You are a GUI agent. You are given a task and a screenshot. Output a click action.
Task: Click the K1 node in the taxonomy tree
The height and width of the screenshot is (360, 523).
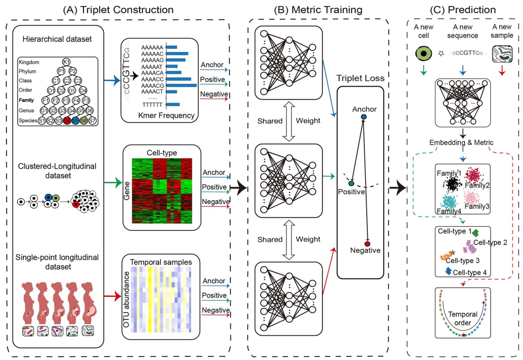pyautogui.click(x=66, y=62)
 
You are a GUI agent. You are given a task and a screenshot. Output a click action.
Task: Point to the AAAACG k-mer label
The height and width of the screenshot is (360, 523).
pyautogui.click(x=152, y=86)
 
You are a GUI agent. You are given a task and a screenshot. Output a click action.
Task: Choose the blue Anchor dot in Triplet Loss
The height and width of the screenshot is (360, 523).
pyautogui.click(x=364, y=117)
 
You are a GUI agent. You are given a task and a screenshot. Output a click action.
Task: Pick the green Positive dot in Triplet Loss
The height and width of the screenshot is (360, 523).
pyautogui.click(x=351, y=184)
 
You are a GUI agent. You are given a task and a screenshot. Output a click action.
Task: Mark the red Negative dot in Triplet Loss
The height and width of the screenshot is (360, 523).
pyautogui.click(x=367, y=244)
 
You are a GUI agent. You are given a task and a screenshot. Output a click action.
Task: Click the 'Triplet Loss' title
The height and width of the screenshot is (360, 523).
pyautogui.click(x=361, y=79)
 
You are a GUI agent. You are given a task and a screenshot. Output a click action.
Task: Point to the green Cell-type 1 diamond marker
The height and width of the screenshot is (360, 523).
pyautogui.click(x=475, y=233)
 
